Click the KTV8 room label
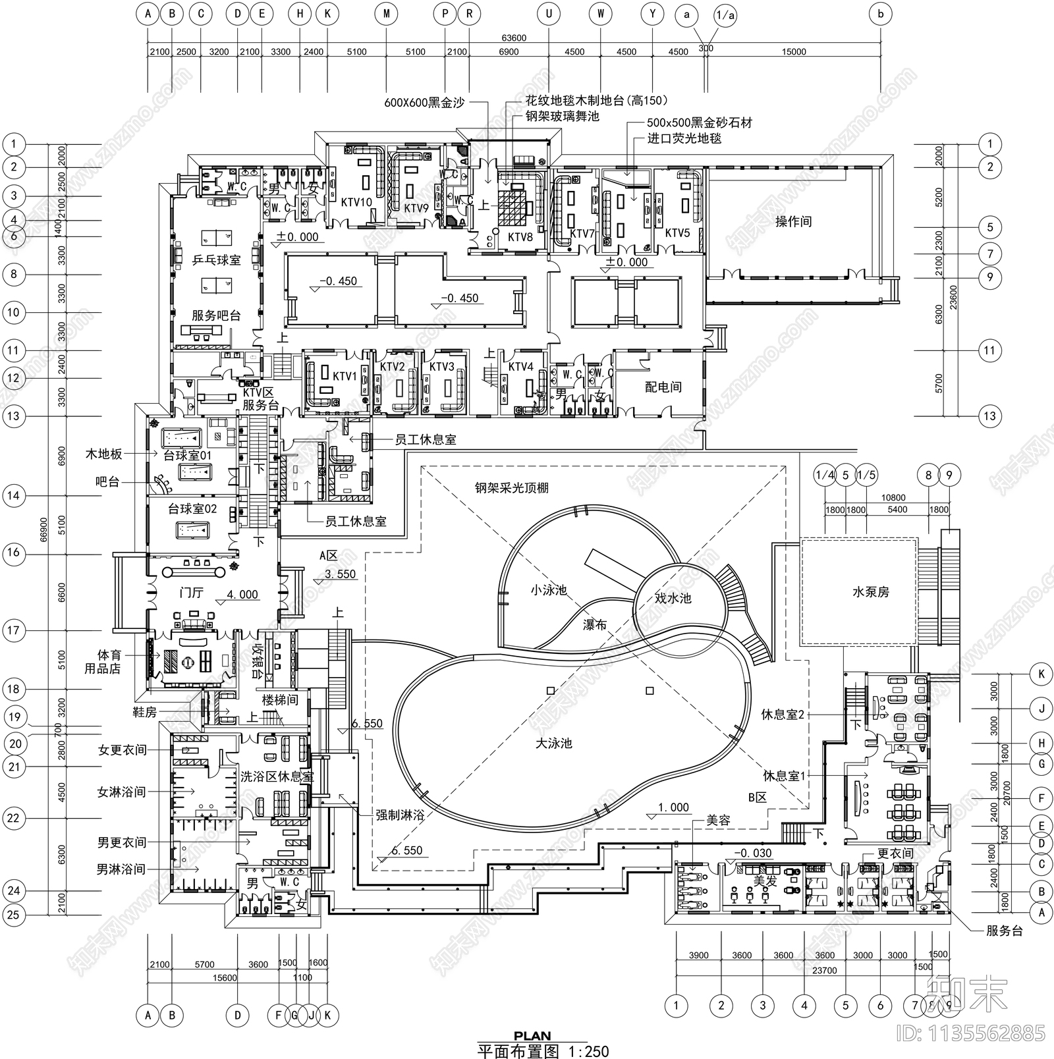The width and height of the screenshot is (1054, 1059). pos(520,237)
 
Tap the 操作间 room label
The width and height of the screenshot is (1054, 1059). pos(793,221)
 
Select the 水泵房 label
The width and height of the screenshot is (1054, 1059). pos(870,592)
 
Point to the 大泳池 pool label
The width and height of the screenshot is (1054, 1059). pos(553,743)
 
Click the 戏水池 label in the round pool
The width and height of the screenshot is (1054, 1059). pos(673,598)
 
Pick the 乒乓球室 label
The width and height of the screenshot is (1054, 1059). pos(216,260)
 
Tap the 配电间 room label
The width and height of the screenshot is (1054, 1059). pos(663,387)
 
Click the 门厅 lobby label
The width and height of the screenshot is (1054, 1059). pos(191,593)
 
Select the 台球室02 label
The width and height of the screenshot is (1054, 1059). pos(192,509)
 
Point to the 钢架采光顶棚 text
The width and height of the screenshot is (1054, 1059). pos(511,488)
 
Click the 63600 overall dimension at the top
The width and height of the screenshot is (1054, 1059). pos(514,38)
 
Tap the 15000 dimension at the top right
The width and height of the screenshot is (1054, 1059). pos(793,52)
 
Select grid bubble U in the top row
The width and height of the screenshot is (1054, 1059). pos(548,13)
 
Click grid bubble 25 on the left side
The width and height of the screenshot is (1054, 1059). pos(14,915)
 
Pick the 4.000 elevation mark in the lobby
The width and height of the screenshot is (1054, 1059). pos(242,595)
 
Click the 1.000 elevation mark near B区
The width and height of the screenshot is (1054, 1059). pos(673,807)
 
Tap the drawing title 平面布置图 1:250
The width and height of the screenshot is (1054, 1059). pos(543,1051)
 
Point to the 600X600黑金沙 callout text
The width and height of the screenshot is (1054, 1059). pos(424,103)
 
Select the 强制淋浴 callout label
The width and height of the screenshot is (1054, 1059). pos(400,814)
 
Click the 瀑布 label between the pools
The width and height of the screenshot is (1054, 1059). pos(594,624)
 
